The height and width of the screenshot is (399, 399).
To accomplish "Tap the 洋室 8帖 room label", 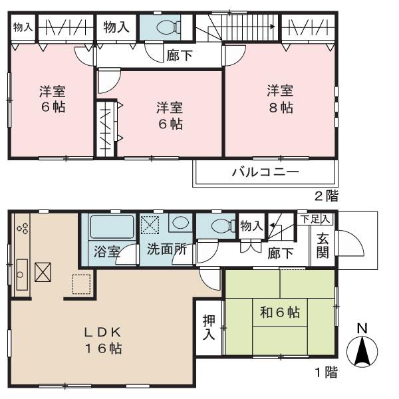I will coord(280,99).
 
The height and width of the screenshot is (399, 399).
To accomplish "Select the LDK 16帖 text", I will coord(103,338).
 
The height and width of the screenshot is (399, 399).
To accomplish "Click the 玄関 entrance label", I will coord(322,246).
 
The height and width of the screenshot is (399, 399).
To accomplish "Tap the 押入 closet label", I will coord(208,327).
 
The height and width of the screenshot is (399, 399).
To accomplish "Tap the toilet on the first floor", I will coord(220,226).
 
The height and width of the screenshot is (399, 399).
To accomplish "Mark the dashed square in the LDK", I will coord(81,285).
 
